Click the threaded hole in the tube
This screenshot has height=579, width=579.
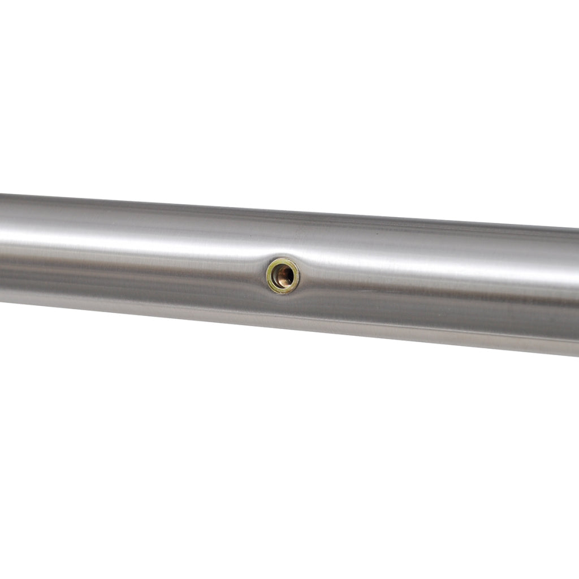pyautogui.click(x=283, y=276)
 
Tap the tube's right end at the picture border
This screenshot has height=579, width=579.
pyautogui.click(x=576, y=291)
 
